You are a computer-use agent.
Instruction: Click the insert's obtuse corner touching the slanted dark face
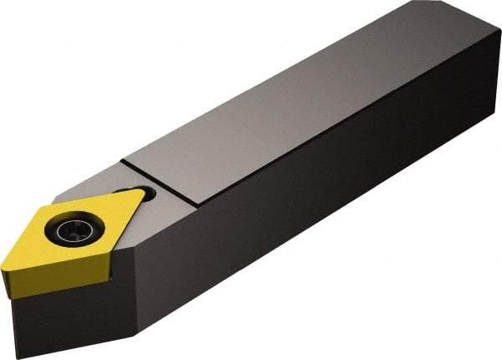pos(109,260)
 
